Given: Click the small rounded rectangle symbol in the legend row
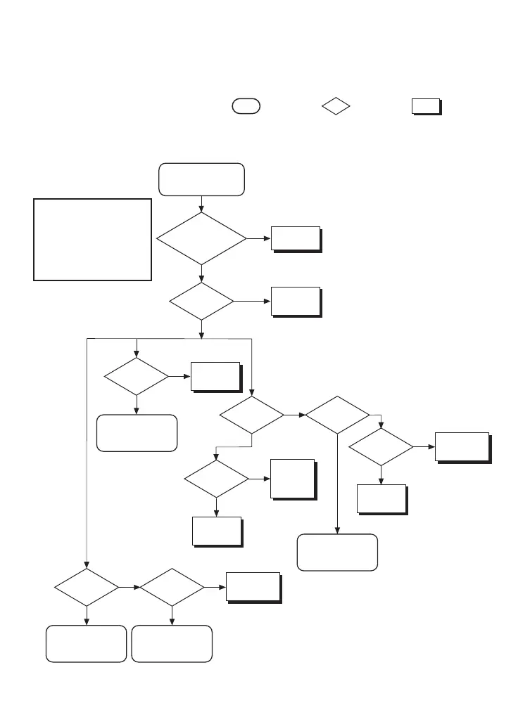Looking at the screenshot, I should [246, 106].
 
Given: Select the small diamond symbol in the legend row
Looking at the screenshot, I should [336, 106].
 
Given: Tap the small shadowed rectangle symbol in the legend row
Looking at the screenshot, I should [426, 106].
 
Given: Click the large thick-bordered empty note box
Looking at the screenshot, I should [93, 239].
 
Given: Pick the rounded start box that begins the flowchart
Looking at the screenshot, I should [202, 179].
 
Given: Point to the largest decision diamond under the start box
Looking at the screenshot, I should [202, 239].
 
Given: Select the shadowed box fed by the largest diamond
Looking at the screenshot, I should [296, 239].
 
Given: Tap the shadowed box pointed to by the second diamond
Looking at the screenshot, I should [296, 302].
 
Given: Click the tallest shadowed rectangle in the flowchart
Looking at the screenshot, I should [292, 479].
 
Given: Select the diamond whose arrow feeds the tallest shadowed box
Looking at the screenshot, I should [216, 479].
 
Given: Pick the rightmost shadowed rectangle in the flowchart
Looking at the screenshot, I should [462, 446].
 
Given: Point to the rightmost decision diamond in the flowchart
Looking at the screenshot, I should [381, 446].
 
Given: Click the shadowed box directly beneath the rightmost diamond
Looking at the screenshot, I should [381, 498].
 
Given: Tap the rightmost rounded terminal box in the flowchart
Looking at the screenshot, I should [337, 553].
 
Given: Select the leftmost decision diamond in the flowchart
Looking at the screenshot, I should [87, 586].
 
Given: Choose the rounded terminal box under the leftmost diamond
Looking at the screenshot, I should [87, 643].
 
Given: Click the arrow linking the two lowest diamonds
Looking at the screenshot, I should [130, 586].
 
